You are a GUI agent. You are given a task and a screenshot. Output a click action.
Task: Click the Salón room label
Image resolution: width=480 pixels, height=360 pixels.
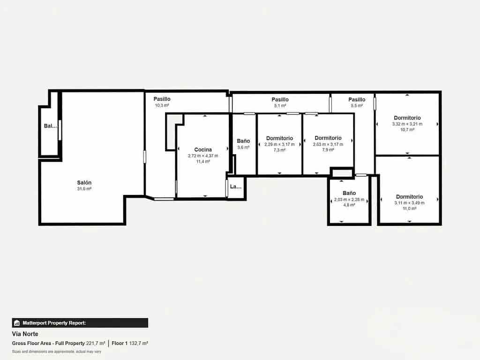(84, 182)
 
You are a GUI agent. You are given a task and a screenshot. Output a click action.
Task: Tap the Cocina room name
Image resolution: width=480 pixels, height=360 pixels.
(203, 150)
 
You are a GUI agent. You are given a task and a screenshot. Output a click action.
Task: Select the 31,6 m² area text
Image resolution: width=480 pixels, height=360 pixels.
(84, 188)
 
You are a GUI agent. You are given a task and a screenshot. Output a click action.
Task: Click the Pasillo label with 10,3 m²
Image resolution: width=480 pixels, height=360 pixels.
(162, 99)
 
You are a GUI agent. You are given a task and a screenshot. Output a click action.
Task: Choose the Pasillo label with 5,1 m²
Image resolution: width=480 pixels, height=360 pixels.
(280, 99)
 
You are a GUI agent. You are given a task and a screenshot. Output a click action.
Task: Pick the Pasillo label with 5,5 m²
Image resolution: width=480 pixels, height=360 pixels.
(357, 99)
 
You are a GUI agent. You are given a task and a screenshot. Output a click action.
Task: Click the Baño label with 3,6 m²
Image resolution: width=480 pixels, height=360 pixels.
(243, 141)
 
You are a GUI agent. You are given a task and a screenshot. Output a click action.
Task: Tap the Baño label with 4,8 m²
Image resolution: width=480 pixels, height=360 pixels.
(349, 193)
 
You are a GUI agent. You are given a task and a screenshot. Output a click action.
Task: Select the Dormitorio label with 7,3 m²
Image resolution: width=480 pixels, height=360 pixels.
(279, 138)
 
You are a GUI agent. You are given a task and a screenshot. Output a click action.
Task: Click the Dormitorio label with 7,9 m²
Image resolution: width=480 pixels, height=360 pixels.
(328, 138)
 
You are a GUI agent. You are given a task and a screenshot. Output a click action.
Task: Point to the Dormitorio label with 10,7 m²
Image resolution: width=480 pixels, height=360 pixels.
(407, 118)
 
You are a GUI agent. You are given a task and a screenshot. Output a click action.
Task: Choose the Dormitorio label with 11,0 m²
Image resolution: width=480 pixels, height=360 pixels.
(409, 197)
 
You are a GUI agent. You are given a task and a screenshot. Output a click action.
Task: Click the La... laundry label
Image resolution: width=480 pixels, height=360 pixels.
(235, 187)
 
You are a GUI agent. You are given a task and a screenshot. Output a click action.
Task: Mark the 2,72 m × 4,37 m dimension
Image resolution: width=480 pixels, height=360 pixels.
(203, 156)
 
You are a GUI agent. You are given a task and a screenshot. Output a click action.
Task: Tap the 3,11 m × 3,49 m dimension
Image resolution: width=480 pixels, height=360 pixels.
(409, 203)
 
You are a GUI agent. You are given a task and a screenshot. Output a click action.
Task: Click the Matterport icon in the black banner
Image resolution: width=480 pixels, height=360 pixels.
(17, 323)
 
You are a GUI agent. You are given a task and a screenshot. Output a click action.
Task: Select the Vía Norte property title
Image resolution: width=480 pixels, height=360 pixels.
(25, 334)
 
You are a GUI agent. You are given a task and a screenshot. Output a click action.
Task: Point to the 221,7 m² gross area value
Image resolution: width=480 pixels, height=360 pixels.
(96, 344)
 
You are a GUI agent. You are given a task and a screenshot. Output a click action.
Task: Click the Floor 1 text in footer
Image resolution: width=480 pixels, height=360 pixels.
(120, 344)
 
